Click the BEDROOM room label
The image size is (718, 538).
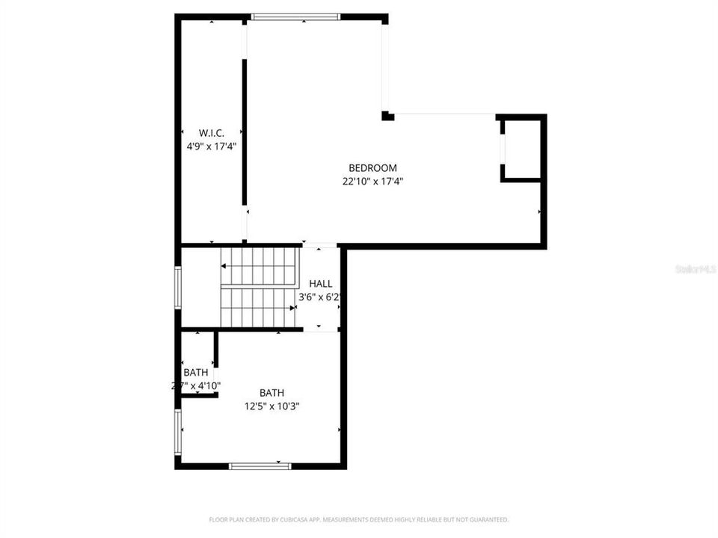(372, 168)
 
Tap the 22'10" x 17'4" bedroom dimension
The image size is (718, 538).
(372, 181)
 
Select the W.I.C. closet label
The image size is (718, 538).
(212, 133)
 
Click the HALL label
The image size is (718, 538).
(321, 284)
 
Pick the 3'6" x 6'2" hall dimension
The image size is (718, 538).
(320, 297)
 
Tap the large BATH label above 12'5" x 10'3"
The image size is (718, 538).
(271, 393)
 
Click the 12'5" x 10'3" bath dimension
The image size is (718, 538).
(271, 406)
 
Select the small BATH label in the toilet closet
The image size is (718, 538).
(196, 372)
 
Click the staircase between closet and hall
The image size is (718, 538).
(259, 288)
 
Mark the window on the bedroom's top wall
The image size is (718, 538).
(295, 16)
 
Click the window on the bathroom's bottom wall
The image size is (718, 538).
(260, 466)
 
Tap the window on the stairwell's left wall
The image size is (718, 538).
(178, 287)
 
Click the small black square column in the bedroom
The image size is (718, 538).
(387, 116)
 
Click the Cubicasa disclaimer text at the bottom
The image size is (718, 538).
(359, 519)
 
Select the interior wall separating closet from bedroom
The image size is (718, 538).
(245, 132)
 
